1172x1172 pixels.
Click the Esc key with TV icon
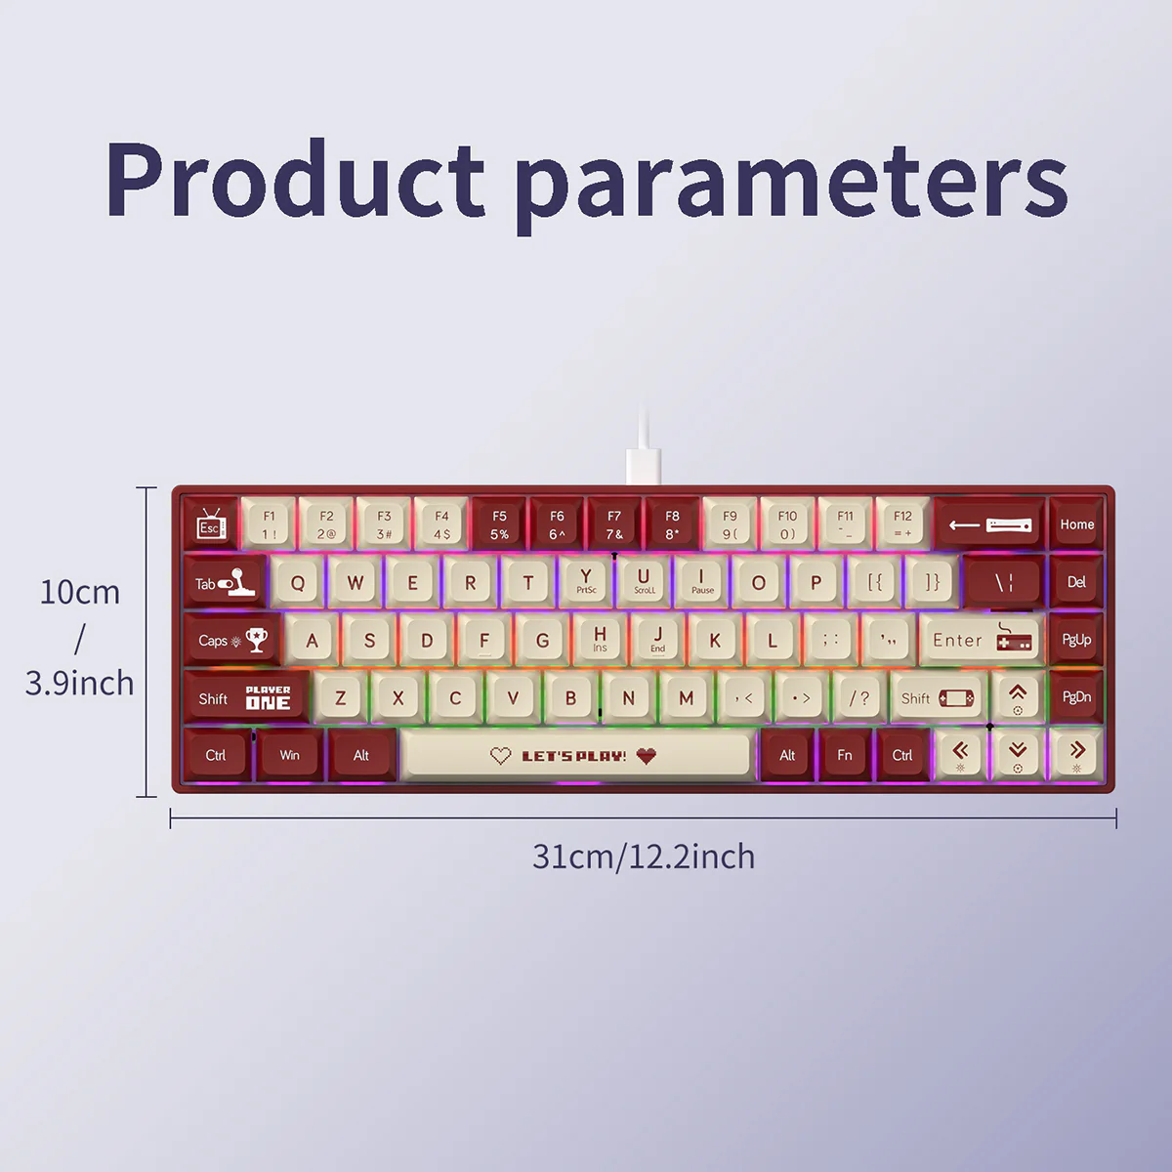(211, 524)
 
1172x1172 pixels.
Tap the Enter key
(981, 640)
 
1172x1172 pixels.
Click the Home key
(1076, 524)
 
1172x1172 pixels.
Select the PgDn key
(1076, 696)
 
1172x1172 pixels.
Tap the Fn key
(845, 755)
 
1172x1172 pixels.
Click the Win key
(290, 755)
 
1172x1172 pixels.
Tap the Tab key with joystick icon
(225, 583)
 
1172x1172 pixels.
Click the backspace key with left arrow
(989, 524)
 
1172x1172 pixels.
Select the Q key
(298, 583)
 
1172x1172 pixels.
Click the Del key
(1076, 582)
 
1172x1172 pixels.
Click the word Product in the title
(296, 180)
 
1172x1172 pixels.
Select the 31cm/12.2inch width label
(644, 857)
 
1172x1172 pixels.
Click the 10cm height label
(80, 592)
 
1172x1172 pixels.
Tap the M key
(686, 697)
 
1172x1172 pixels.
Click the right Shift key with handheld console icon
(937, 697)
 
